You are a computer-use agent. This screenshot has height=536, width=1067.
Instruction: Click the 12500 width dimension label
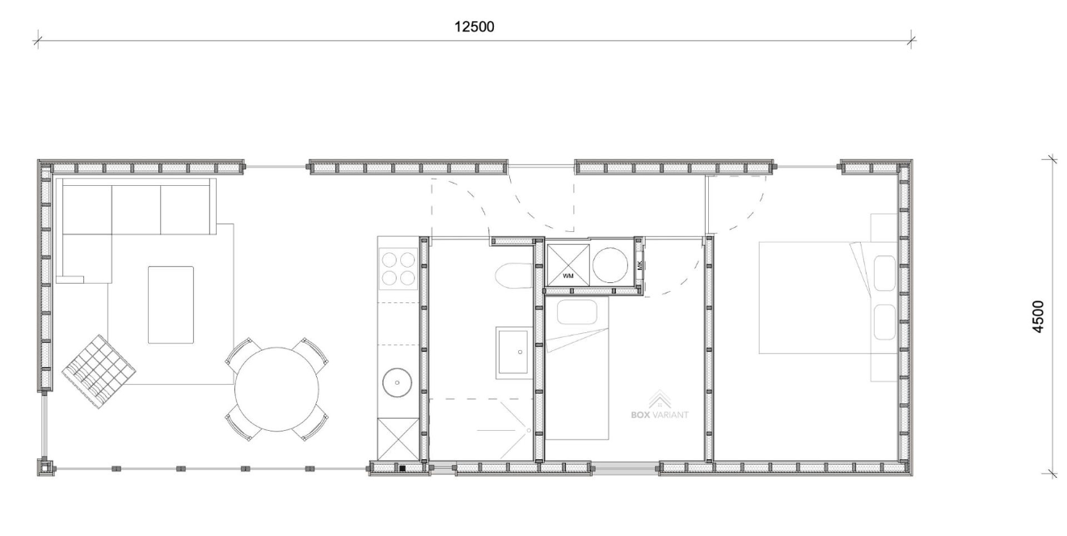[474, 27]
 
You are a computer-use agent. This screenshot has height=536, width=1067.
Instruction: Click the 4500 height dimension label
[1038, 316]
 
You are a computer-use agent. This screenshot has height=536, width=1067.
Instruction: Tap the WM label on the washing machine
[567, 276]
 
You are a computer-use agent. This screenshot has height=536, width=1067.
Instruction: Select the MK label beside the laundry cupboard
[639, 265]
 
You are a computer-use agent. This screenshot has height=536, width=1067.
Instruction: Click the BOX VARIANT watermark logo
[660, 405]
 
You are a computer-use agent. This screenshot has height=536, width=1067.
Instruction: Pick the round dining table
[276, 389]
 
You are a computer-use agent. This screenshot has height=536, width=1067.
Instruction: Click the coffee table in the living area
[171, 305]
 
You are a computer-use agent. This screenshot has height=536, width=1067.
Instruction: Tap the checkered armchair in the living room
[99, 371]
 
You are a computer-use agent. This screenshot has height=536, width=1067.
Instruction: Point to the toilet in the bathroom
[513, 276]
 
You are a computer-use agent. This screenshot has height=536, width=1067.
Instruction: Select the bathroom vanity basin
[513, 352]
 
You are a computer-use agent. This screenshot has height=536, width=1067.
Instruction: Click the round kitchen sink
[397, 382]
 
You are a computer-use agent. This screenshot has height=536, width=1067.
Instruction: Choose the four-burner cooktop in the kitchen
[399, 268]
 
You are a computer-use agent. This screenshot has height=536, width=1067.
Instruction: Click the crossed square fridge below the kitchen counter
[399, 439]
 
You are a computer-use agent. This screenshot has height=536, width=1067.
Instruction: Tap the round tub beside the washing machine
[609, 265]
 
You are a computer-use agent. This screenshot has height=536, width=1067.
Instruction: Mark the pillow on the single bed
[577, 312]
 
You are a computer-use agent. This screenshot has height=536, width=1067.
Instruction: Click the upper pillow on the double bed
[884, 273]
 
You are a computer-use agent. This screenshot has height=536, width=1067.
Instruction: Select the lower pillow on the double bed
[884, 323]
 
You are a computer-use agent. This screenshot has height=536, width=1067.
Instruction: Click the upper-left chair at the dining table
[242, 352]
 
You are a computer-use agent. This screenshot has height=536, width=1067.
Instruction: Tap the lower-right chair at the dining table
[311, 426]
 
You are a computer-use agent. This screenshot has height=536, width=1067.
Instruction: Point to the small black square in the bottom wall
[403, 469]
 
